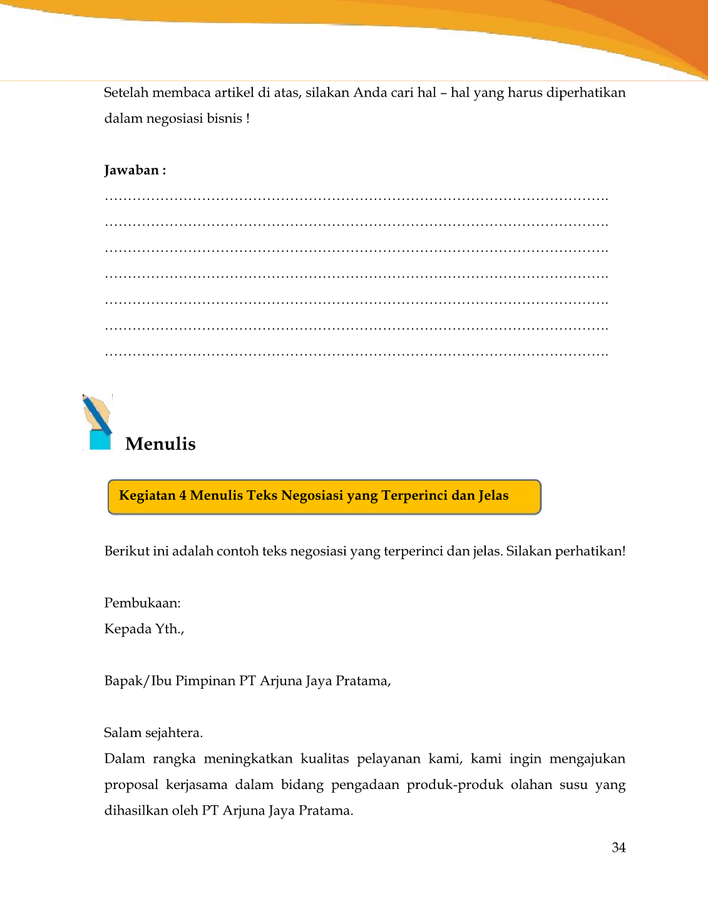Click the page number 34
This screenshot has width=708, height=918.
point(618,847)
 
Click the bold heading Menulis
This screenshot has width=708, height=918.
point(160,444)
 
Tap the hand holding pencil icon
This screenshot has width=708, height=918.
point(98,422)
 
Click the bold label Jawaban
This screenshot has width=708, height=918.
point(132,170)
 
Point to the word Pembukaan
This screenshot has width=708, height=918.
point(142,603)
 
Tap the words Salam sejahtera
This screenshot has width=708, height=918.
point(153,733)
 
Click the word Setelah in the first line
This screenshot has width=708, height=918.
point(126,93)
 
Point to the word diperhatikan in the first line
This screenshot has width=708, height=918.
point(585,93)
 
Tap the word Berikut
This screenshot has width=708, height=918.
point(126,551)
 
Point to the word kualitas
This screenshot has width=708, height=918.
point(324,759)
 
